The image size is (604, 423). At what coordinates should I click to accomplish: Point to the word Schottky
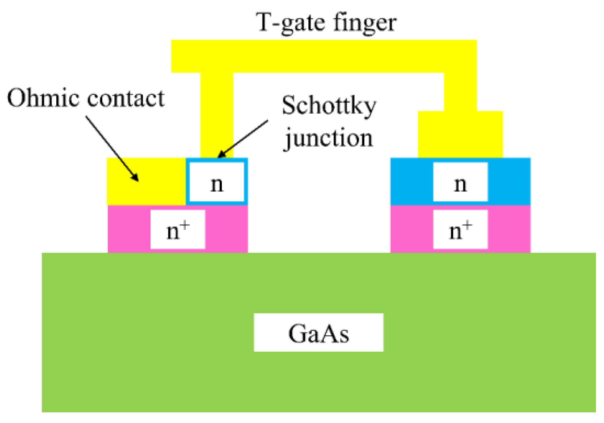328,106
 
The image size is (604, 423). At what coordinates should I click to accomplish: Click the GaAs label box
318,332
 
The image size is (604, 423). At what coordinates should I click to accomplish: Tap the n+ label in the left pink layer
178,230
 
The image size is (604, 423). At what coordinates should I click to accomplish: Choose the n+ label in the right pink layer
460,230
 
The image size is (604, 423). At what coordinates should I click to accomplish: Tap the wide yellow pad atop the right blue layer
460,135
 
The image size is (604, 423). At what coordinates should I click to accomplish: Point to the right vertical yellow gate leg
460,91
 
